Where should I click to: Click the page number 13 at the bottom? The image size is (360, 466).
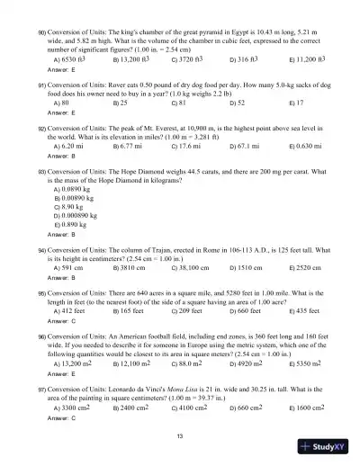pyautogui.click(x=180, y=436)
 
